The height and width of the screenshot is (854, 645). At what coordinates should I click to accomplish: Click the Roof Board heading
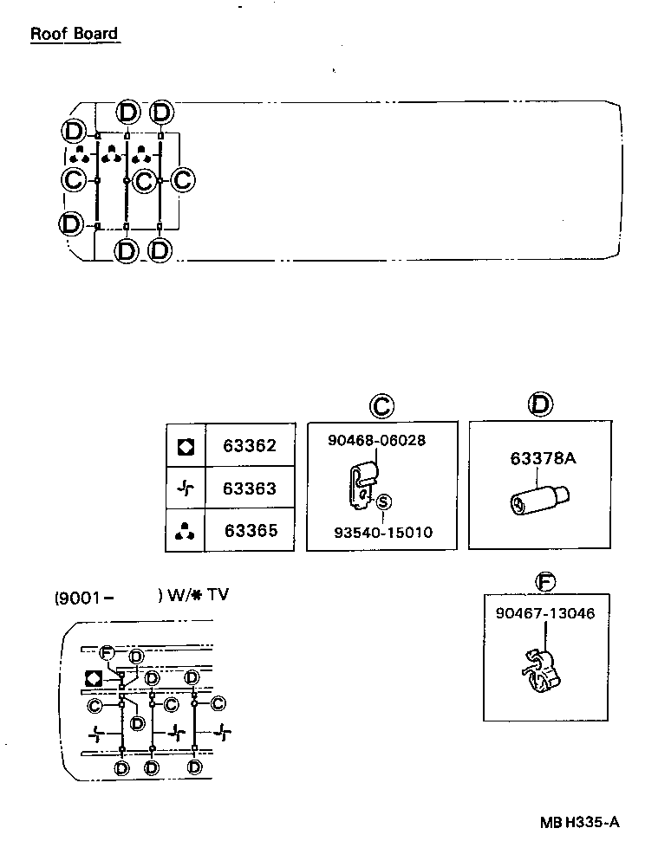74,34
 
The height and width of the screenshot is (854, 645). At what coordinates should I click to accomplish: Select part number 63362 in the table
250,446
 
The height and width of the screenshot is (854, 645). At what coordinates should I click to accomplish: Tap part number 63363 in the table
250,488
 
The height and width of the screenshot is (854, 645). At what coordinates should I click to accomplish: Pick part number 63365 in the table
251,530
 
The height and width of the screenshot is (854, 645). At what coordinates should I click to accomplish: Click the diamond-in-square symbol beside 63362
186,446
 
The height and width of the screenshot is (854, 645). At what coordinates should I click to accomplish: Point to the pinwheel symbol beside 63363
186,488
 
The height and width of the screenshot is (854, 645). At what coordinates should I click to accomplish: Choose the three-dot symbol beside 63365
186,531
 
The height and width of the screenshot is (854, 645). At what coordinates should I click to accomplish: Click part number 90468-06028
376,440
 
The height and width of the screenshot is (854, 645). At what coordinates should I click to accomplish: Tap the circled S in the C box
383,501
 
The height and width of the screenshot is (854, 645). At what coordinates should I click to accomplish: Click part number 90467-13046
546,613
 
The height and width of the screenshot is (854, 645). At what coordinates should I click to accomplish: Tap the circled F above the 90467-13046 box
547,581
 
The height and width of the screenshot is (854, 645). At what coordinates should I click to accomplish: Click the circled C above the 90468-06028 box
381,404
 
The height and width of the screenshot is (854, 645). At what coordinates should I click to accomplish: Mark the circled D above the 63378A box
540,404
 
